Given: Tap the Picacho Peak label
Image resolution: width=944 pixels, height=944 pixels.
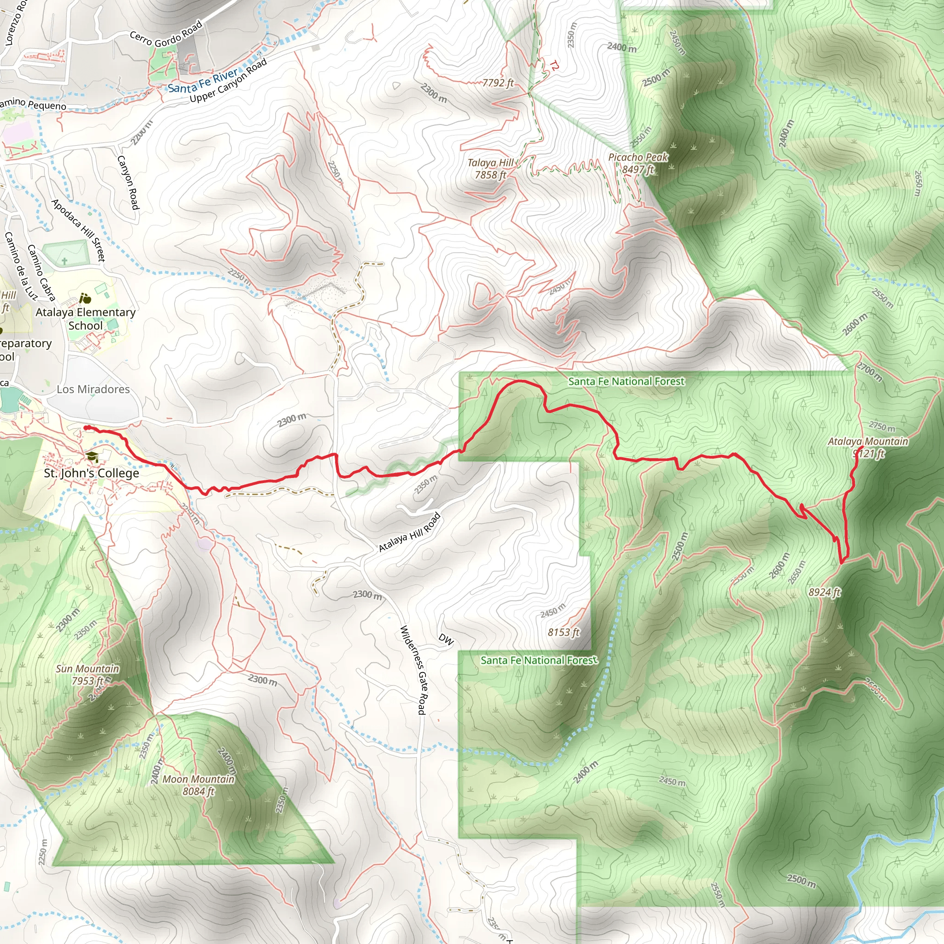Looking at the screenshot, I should [x=637, y=163].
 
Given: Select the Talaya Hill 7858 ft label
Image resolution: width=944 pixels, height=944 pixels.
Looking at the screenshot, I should [x=490, y=169].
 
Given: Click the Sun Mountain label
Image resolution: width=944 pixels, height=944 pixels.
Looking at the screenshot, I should [x=88, y=674].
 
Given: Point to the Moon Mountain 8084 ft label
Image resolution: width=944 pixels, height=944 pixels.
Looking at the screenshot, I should [x=198, y=785].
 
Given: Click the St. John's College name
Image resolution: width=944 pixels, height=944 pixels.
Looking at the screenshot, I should [x=91, y=473].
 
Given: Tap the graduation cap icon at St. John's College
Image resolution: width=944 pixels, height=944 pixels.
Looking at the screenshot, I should [x=92, y=457].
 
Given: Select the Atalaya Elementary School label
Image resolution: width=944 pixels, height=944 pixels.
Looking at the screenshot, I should [x=86, y=319].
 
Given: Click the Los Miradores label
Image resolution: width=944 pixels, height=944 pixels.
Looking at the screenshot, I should [x=93, y=389].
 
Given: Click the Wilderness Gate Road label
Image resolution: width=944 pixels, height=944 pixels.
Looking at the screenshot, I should [x=413, y=670].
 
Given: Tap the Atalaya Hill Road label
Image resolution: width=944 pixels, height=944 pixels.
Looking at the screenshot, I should [x=409, y=532].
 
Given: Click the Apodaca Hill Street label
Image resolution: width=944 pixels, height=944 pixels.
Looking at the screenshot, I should [x=78, y=230].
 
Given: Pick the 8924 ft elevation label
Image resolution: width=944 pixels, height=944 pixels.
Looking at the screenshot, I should [x=824, y=592].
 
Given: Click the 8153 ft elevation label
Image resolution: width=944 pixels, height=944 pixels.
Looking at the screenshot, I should [x=563, y=632].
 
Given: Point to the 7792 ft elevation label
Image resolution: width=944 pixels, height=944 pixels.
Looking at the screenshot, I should [x=497, y=83].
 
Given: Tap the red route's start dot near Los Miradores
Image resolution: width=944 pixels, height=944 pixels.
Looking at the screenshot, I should [x=87, y=428].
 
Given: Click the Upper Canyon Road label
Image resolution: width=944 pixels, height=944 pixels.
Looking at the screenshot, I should [x=228, y=81].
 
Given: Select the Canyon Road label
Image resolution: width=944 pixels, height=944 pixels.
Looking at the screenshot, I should [x=129, y=182].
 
